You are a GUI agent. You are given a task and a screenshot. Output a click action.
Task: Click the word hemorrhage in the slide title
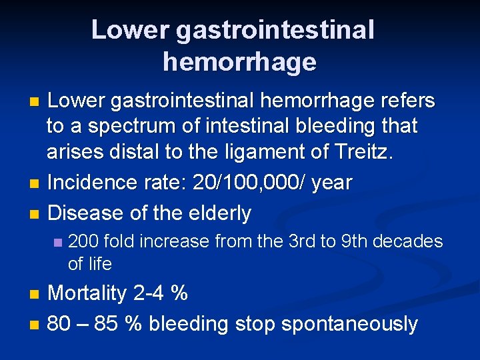pyautogui.click(x=239, y=62)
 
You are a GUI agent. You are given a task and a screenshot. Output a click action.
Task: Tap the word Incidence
pyautogui.click(x=93, y=182)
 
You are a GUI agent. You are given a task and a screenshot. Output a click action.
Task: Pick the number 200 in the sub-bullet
pyautogui.click(x=83, y=241)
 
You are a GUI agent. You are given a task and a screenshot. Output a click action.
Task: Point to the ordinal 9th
pyautogui.click(x=352, y=241)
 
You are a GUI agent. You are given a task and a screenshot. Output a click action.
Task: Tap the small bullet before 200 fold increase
pyautogui.click(x=58, y=242)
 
